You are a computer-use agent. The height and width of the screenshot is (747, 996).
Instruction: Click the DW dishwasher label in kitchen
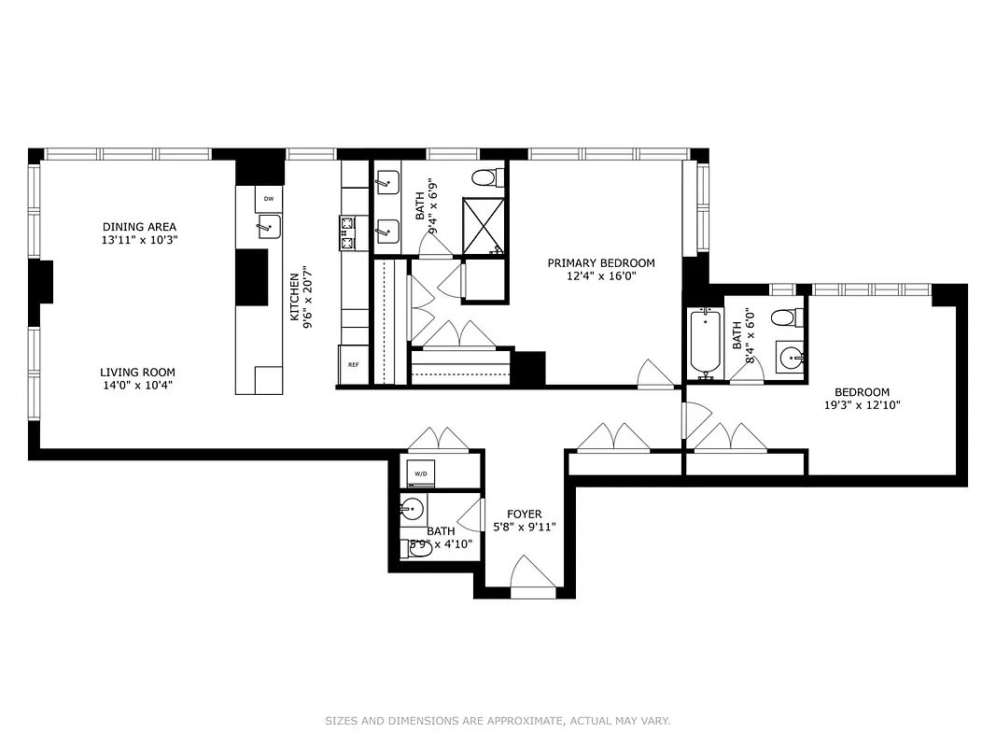point(269,198)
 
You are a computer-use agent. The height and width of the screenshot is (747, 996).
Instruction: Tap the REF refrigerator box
point(353,364)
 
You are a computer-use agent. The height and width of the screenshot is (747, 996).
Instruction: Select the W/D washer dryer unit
point(421,474)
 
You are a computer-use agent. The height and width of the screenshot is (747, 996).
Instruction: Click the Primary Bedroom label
point(600,263)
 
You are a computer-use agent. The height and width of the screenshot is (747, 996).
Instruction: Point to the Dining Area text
point(139,227)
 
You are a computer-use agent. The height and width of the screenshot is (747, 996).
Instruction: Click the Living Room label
point(137,373)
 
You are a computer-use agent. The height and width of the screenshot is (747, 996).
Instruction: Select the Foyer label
point(524,514)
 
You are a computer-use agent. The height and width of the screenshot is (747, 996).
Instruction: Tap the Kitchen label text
point(294,297)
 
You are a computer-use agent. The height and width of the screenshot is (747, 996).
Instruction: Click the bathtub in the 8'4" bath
point(705,344)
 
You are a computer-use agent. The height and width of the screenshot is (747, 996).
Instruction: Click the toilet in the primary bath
point(484,177)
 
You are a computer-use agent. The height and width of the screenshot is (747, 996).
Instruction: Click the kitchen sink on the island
point(269,226)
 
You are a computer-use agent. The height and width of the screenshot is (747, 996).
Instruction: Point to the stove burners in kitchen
point(347,233)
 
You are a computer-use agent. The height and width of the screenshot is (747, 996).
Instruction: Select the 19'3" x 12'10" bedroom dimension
point(862,405)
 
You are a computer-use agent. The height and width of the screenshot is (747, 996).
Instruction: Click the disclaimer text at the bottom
point(498,721)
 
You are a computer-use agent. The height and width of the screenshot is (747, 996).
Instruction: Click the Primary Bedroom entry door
point(655,373)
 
